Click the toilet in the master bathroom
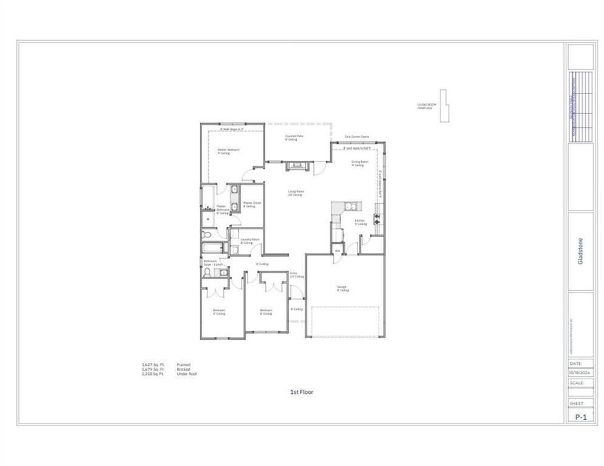pos(206,234)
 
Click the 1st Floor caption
pos(302,392)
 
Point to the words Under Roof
pos(184,374)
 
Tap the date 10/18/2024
pos(580,372)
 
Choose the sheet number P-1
pos(580,417)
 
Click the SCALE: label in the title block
pos(577,383)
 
